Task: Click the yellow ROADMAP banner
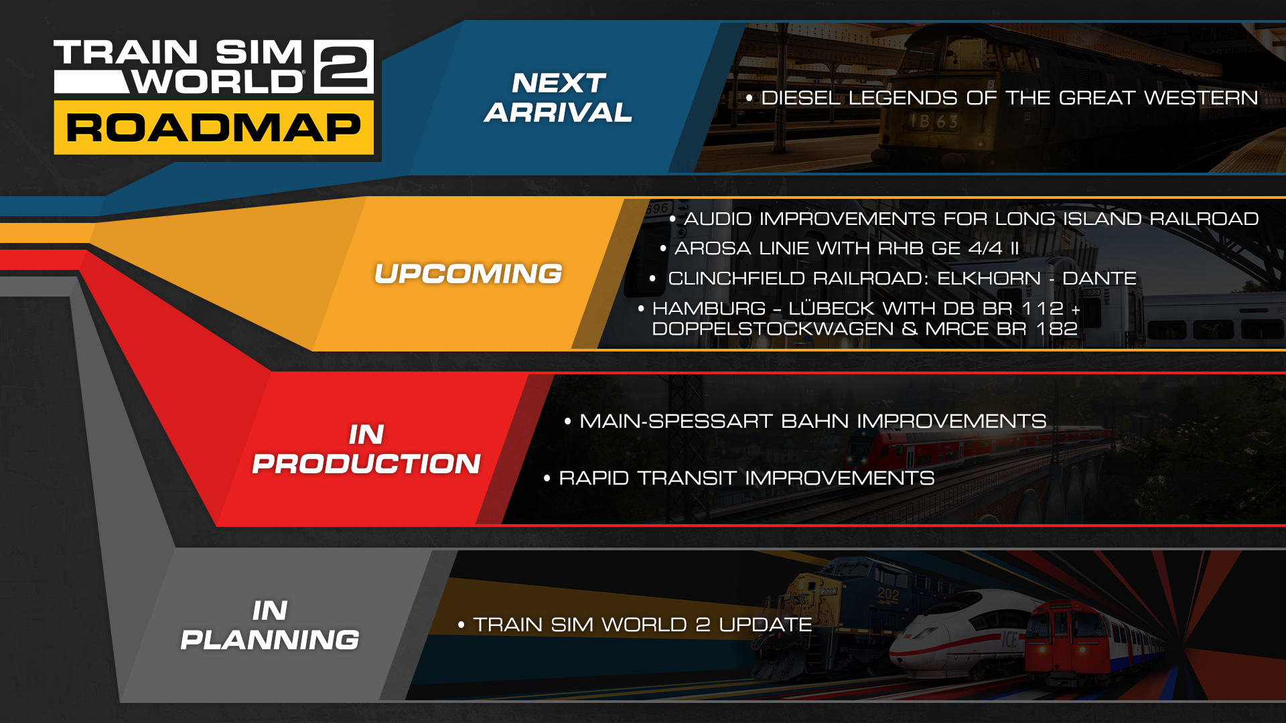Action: (214, 128)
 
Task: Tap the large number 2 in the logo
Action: (344, 66)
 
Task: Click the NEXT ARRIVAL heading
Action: (559, 98)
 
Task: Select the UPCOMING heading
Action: (468, 274)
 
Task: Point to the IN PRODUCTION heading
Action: (366, 449)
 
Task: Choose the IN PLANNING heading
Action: (270, 625)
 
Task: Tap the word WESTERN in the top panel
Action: (1201, 98)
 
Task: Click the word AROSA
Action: (713, 248)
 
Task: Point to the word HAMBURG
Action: (709, 309)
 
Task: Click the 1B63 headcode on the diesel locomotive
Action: (933, 122)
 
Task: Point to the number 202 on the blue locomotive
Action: (888, 594)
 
